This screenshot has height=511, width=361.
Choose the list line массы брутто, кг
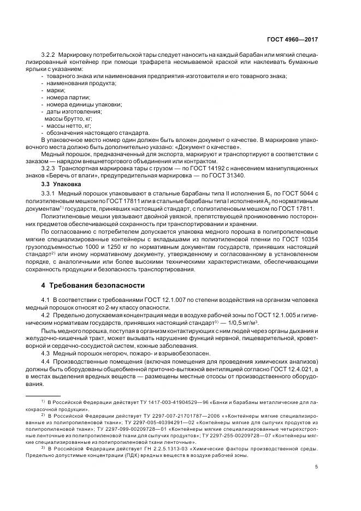pos(63,118)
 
